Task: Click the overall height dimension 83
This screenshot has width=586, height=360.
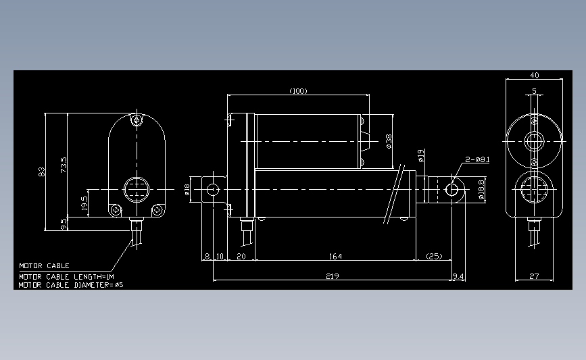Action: pyautogui.click(x=41, y=172)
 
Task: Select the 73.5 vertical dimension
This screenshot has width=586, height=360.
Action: pyautogui.click(x=64, y=164)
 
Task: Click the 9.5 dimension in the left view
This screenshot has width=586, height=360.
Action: pyautogui.click(x=64, y=223)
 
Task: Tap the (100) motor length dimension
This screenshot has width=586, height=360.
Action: pyautogui.click(x=298, y=91)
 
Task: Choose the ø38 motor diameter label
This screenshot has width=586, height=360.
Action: pyautogui.click(x=389, y=140)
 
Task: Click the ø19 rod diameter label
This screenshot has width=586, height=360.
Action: pyautogui.click(x=420, y=156)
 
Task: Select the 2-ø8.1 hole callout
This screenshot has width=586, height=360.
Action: pyautogui.click(x=477, y=160)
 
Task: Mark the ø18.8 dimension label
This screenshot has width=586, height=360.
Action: pyautogui.click(x=482, y=190)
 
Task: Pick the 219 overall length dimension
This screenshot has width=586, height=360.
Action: pyautogui.click(x=332, y=276)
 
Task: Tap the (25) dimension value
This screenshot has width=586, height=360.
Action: pyautogui.click(x=434, y=257)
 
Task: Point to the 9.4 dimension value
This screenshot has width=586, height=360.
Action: pyautogui.click(x=458, y=276)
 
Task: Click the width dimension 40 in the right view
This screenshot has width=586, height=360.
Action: pyautogui.click(x=534, y=75)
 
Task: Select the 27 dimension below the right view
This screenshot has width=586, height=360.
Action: pyautogui.click(x=534, y=276)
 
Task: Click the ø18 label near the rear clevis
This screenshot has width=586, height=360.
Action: pyautogui.click(x=187, y=190)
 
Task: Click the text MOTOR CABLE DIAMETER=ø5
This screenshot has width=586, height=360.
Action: pyautogui.click(x=71, y=285)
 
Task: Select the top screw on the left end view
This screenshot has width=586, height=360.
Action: pyautogui.click(x=137, y=120)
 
